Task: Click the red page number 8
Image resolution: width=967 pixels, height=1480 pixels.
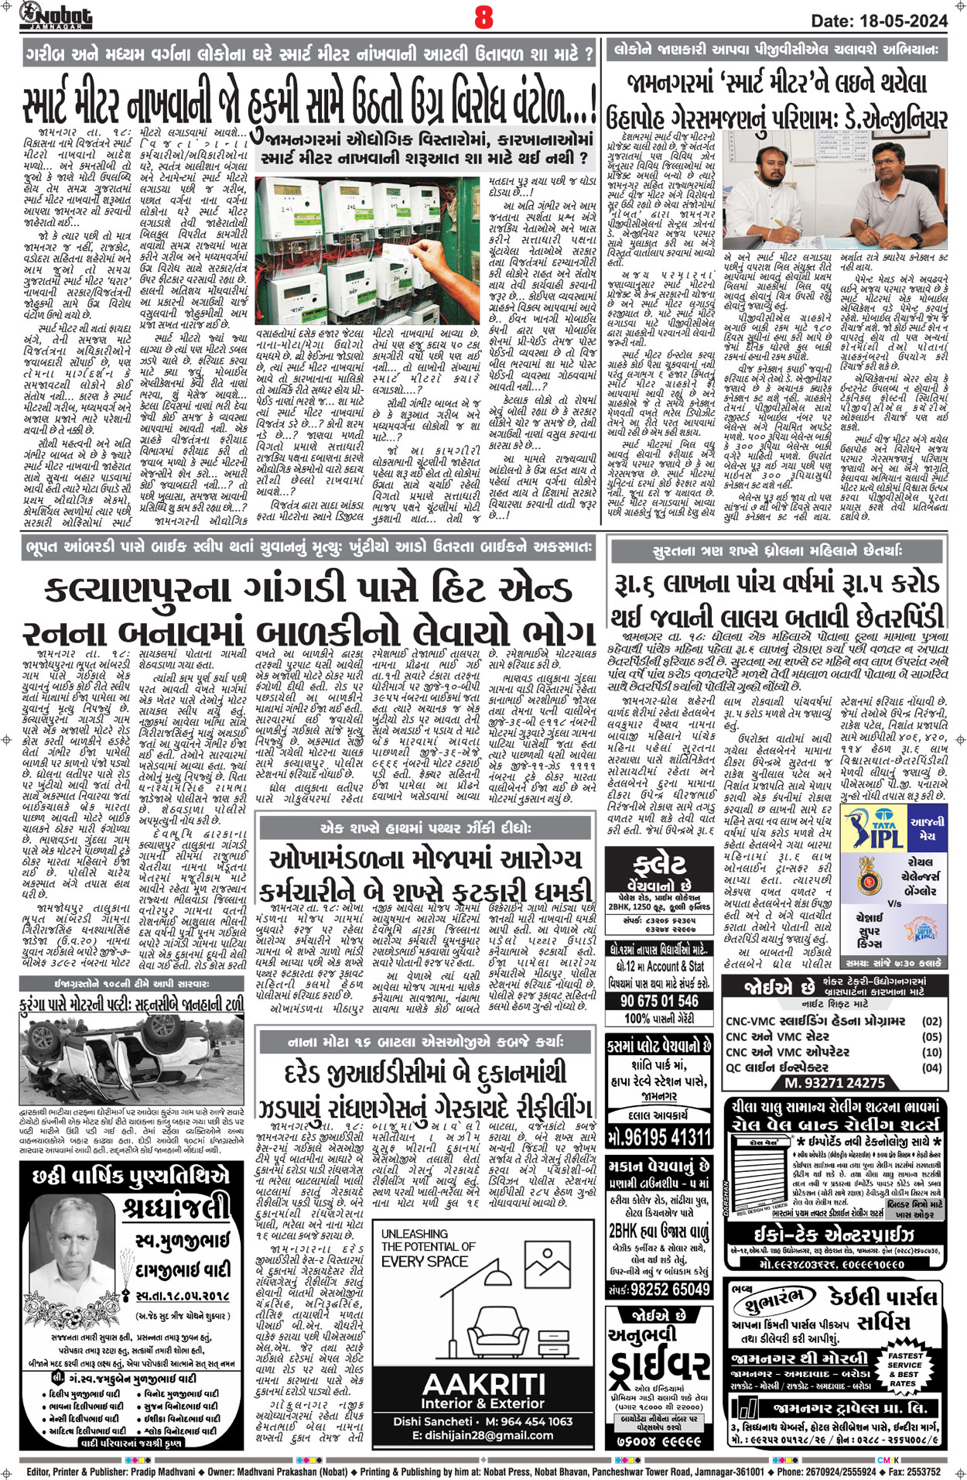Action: tap(483, 16)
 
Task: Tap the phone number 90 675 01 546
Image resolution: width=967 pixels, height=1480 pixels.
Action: tap(659, 1000)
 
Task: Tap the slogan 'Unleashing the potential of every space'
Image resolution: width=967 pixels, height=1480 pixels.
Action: tap(425, 1247)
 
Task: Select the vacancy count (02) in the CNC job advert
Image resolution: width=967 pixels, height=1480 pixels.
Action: tap(931, 1021)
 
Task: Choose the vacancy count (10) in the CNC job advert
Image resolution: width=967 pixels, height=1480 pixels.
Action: tap(931, 1052)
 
